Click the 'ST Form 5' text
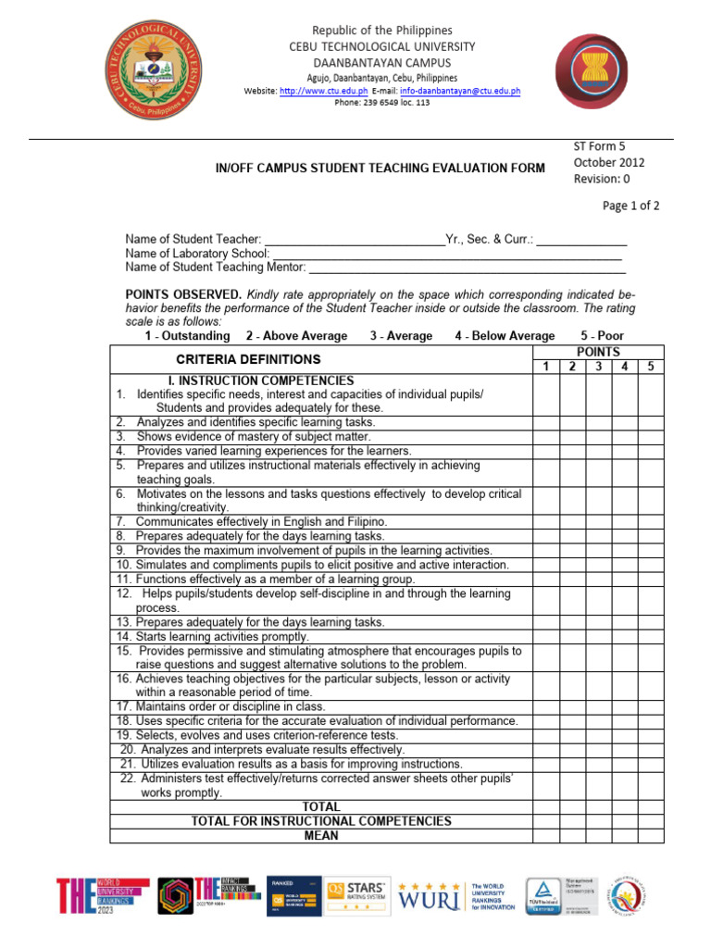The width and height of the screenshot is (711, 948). click(x=601, y=145)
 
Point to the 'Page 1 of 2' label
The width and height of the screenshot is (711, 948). click(x=630, y=206)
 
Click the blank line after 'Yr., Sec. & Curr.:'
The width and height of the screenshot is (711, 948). click(x=582, y=239)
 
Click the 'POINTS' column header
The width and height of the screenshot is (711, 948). click(x=598, y=352)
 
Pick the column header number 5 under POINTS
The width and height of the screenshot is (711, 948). click(x=651, y=367)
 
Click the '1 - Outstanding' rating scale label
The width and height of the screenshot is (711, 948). click(x=187, y=336)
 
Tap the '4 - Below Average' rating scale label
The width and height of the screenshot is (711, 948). click(x=505, y=336)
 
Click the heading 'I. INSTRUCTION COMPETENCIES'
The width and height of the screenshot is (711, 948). click(x=260, y=380)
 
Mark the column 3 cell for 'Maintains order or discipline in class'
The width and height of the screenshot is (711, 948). click(x=599, y=706)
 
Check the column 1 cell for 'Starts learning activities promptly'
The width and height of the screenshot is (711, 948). click(x=546, y=637)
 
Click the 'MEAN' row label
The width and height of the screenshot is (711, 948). click(x=321, y=836)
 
